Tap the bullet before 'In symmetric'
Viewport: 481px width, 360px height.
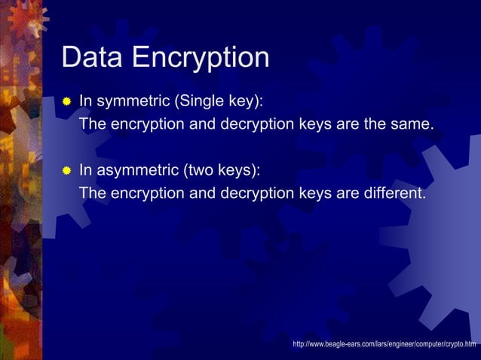66,100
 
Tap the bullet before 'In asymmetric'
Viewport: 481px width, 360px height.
66,170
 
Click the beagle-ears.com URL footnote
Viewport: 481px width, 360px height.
384,344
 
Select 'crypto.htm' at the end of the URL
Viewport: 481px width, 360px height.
458,344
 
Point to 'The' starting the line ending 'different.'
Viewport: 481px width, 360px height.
93,194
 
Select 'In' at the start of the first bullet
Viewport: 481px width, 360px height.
85,100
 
